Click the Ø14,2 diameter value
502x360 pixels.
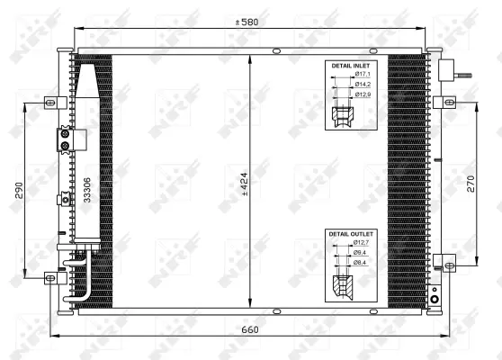pyautogui.click(x=362, y=85)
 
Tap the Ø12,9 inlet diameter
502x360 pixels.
pyautogui.click(x=362, y=94)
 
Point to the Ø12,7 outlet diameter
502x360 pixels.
pyautogui.click(x=362, y=243)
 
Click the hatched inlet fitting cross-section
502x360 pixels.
pyautogui.click(x=344, y=116)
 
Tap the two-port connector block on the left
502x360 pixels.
pyautogui.click(x=66, y=139)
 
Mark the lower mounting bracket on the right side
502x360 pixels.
pyautogui.click(x=443, y=263)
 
